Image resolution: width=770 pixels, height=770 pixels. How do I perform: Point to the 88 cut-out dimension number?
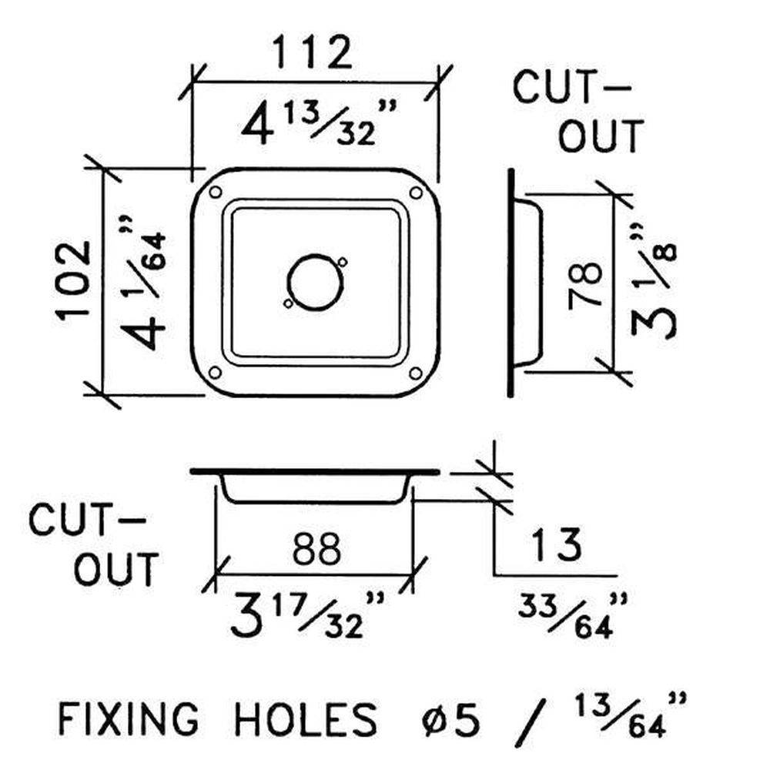316,548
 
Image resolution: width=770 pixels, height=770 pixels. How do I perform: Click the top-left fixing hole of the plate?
215,192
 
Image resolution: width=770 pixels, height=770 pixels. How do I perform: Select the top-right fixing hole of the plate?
416,192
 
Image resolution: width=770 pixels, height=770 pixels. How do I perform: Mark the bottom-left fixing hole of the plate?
215,373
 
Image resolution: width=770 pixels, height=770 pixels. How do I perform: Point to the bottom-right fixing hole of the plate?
415,373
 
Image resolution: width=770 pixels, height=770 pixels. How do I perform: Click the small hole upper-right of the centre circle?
343,262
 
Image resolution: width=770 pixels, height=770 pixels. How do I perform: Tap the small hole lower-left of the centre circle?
288,303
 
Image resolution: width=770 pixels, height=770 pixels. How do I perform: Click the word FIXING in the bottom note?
129,719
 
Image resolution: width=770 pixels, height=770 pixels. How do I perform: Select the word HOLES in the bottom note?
304,719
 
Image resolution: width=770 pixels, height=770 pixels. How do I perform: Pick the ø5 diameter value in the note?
450,719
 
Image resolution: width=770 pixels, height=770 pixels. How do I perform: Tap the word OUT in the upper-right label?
600,135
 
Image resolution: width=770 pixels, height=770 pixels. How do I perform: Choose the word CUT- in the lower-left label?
87,520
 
